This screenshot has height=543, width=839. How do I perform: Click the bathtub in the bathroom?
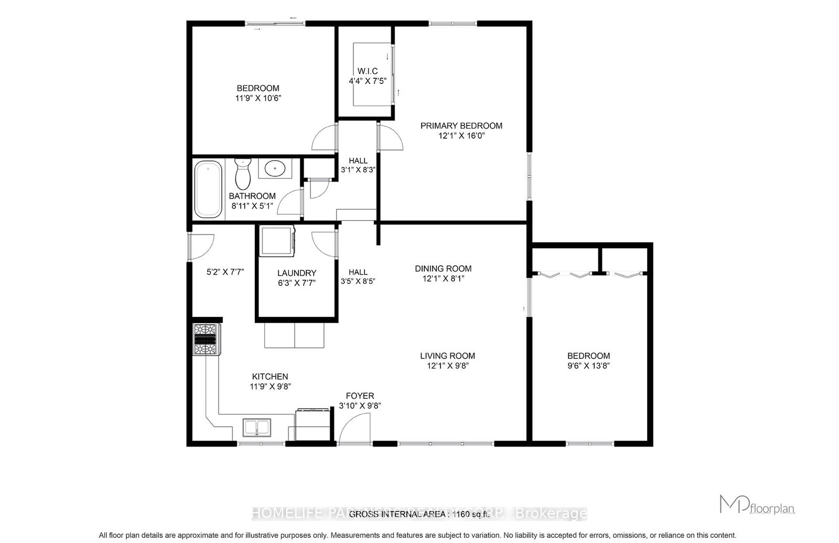208,189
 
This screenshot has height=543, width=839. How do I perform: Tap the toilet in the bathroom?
242,174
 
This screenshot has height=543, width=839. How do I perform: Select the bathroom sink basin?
275,168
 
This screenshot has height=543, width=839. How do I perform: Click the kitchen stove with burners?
206,340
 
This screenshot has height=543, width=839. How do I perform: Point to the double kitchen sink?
257,428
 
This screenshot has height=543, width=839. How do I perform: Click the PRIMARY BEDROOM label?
461,126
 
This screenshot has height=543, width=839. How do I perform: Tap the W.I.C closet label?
367,71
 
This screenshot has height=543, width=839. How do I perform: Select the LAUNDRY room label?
297,273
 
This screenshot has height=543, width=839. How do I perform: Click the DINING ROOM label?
443,269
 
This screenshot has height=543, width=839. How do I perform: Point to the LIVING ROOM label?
447,356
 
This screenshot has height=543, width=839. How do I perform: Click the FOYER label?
360,396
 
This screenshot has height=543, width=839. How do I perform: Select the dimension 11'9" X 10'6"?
257,98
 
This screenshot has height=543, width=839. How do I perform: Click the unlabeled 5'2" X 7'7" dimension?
225,272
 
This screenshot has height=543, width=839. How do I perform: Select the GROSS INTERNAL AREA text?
419,514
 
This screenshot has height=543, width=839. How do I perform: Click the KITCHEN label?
270,377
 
